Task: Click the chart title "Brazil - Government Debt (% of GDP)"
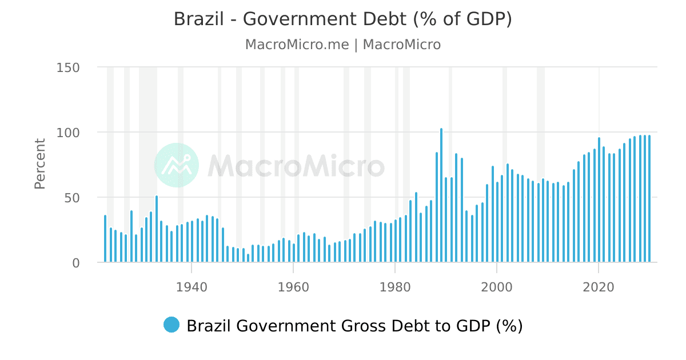pyautogui.click(x=342, y=19)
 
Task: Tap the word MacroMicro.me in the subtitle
pyautogui.click(x=296, y=45)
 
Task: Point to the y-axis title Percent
pyautogui.click(x=40, y=163)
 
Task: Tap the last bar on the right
pyautogui.click(x=649, y=200)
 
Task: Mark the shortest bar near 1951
pyautogui.click(x=248, y=259)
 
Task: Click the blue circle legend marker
pyautogui.click(x=171, y=325)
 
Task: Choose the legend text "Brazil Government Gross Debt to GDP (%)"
pyautogui.click(x=354, y=326)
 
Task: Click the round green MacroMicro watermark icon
pyautogui.click(x=177, y=165)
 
